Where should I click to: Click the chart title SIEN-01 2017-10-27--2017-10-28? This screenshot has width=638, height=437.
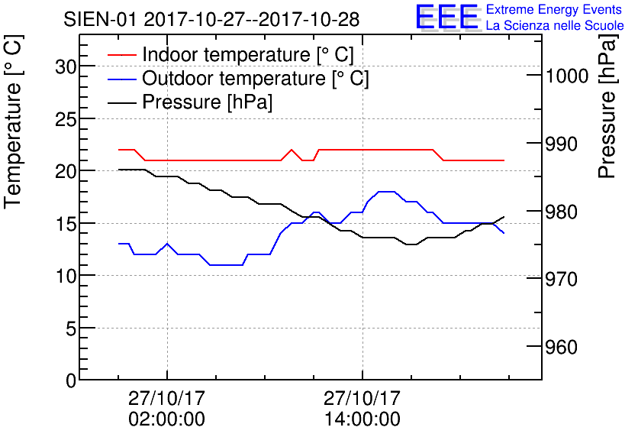click(x=211, y=18)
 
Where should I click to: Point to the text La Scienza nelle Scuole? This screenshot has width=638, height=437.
click(x=555, y=26)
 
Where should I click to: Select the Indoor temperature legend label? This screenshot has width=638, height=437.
click(x=248, y=56)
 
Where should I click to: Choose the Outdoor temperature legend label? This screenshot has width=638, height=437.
click(x=256, y=79)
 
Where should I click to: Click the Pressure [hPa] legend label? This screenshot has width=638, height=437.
click(x=208, y=102)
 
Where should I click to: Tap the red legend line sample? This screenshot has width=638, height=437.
click(x=121, y=56)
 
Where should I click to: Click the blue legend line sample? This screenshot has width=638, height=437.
click(x=121, y=79)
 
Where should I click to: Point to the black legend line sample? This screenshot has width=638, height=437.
click(x=121, y=102)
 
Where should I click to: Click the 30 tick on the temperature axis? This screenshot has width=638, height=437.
click(x=67, y=66)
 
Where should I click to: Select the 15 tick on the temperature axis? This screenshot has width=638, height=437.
click(x=67, y=223)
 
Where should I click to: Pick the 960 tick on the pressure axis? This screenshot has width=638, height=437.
click(x=565, y=348)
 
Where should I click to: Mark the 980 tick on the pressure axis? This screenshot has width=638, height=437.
click(x=565, y=212)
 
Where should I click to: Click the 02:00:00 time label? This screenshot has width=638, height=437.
click(x=166, y=419)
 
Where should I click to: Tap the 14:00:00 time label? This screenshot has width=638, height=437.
click(x=362, y=419)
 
